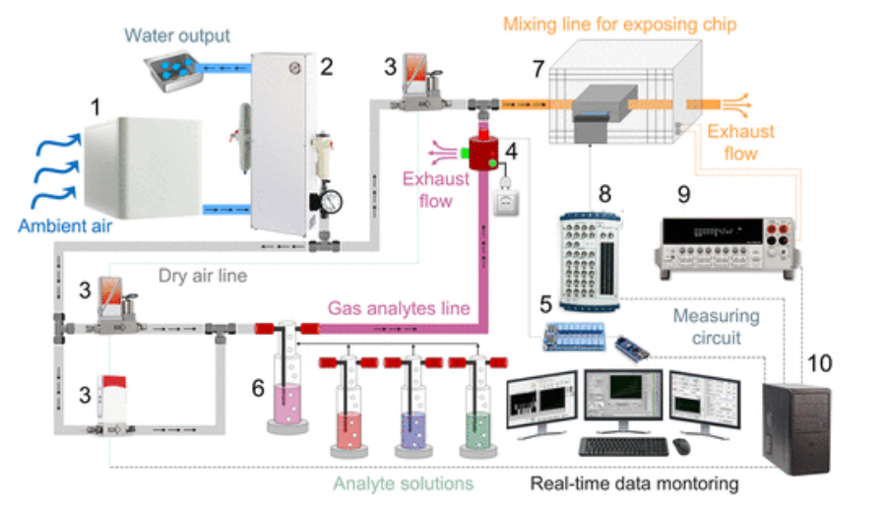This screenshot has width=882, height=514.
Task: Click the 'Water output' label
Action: pos(178,36)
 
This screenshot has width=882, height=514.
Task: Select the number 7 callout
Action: pos(536,69)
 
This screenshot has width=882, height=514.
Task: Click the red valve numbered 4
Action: pos(483,154)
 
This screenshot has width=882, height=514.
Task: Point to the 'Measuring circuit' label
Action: pos(717,327)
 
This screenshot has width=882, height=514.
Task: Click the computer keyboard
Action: pos(623,446)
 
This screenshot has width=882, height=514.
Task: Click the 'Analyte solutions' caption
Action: pos(403,483)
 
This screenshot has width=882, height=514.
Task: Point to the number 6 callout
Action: pos(258,388)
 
